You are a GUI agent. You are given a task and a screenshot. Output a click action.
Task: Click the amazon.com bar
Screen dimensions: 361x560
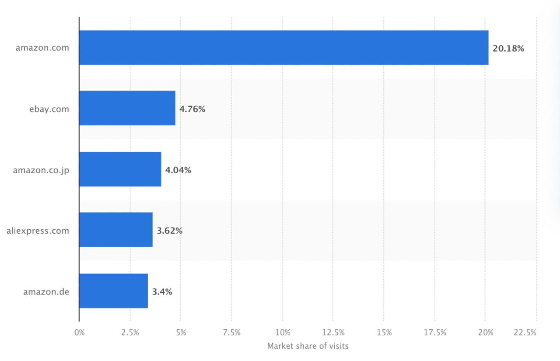(283, 48)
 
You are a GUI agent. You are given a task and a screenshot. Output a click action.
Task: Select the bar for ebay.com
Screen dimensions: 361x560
(127, 108)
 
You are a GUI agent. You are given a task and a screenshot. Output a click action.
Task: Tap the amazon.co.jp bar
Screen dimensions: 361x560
(120, 169)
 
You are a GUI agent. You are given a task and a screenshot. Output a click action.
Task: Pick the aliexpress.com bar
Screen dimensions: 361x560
(116, 230)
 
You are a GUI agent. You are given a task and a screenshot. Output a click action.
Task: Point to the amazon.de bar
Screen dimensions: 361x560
(113, 291)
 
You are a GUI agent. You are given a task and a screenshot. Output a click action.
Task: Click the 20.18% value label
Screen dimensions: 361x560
(508, 49)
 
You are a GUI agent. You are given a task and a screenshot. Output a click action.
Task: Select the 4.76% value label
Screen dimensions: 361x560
(192, 109)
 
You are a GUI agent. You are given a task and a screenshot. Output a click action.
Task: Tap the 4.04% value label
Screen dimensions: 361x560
(178, 170)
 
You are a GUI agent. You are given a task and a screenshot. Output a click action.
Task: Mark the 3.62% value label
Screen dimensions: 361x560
(169, 231)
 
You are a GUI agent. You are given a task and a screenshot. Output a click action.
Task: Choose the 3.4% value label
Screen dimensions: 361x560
(162, 291)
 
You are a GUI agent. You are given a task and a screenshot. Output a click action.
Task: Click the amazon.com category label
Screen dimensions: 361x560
(42, 48)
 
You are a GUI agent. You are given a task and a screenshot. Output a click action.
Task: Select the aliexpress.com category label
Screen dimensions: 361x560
(38, 231)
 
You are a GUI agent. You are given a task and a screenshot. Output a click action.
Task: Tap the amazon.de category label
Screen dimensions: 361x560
(46, 291)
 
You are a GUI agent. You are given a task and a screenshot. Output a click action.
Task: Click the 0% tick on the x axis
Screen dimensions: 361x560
(80, 333)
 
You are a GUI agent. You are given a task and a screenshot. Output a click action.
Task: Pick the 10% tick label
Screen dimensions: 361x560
(283, 333)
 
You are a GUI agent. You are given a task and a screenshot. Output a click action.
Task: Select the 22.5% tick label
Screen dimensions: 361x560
(525, 333)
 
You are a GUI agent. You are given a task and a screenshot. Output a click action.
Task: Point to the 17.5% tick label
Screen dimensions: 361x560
(435, 333)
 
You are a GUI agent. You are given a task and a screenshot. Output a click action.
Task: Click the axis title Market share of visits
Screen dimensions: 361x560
(308, 346)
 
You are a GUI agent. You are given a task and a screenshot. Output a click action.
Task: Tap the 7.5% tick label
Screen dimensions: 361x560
(232, 333)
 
